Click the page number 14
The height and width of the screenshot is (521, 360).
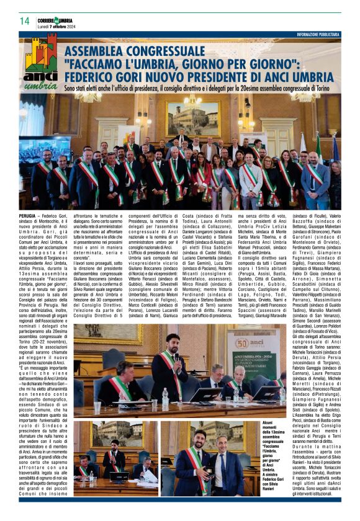click(25, 21)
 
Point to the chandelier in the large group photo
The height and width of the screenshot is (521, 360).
click(192, 102)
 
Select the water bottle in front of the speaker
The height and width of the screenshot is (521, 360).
click(164, 398)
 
